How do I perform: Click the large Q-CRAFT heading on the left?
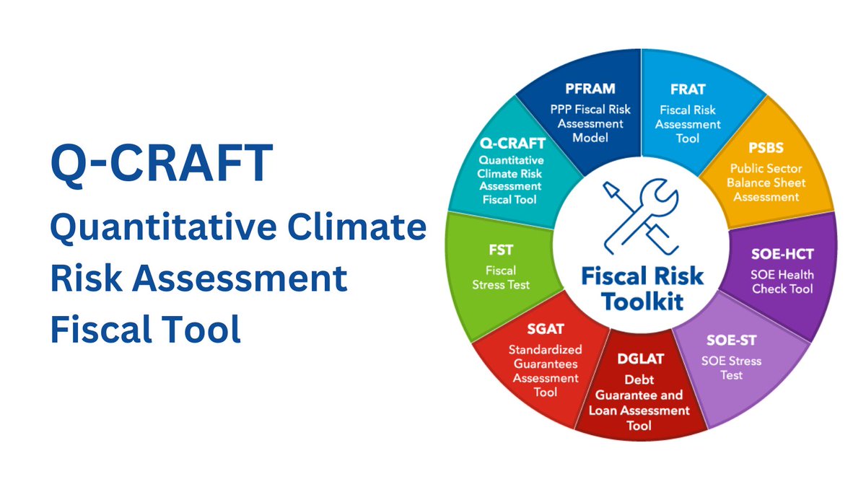pos(162,164)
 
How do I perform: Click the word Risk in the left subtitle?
pos(87,279)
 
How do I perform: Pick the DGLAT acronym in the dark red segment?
pos(639,359)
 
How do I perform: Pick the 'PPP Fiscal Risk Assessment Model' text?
pos(590,123)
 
